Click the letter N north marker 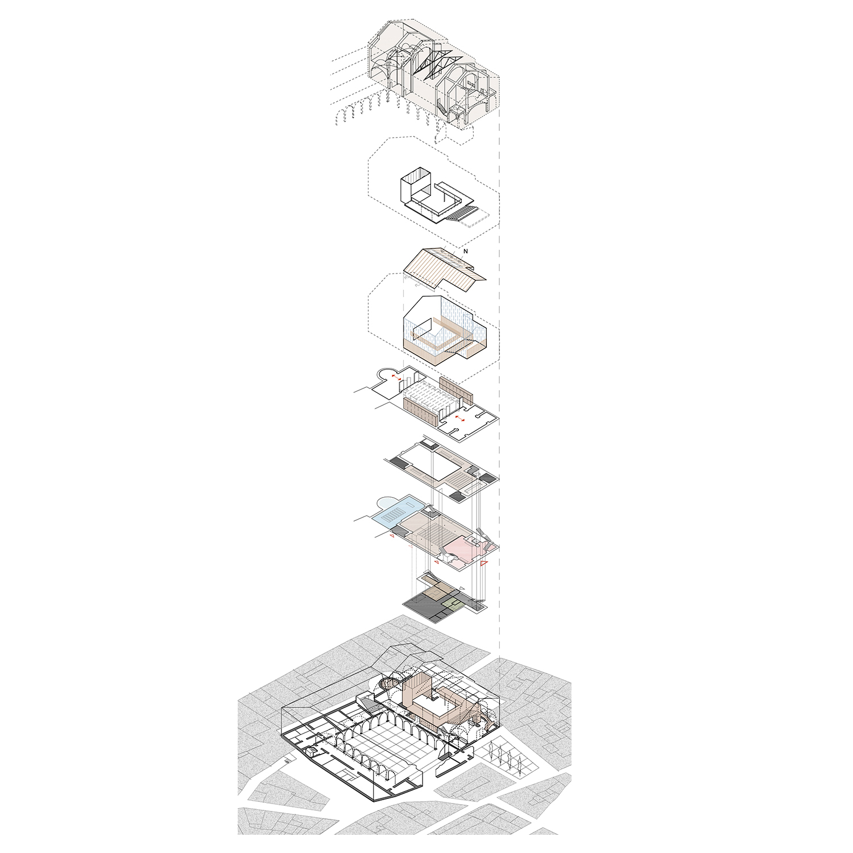pyautogui.click(x=466, y=251)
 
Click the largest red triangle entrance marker pyautogui.click(x=484, y=564)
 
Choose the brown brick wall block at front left pyautogui.click(x=420, y=411)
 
